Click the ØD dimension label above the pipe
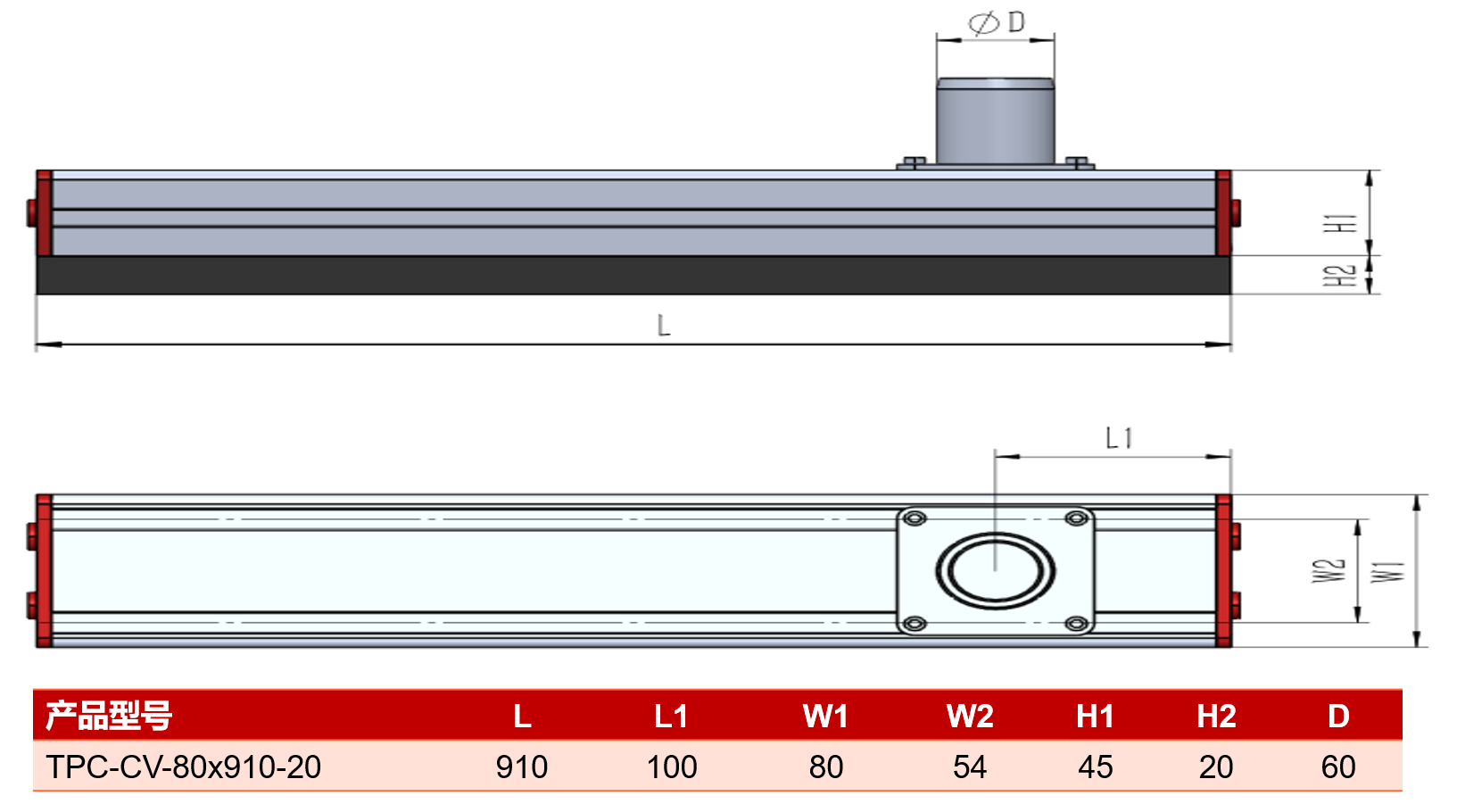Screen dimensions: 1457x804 (997, 23)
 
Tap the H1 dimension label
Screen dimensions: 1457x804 (1341, 223)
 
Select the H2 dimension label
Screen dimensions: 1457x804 (1341, 276)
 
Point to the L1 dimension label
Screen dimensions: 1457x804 (1119, 438)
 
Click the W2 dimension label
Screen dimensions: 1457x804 (1329, 571)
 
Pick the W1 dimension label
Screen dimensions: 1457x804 (1388, 572)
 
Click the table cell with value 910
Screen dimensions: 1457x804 (522, 767)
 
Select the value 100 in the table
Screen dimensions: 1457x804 (672, 767)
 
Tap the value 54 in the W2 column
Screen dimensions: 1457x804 (970, 767)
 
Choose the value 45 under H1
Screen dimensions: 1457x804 (1096, 767)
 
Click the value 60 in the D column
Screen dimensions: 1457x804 (1338, 767)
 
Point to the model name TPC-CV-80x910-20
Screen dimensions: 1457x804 (184, 767)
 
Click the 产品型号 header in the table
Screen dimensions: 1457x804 (109, 716)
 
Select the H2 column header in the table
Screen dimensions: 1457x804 (1216, 717)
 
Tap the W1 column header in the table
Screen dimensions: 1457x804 (825, 717)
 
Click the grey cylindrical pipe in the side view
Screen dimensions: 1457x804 (995, 121)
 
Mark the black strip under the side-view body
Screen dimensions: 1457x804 (633, 275)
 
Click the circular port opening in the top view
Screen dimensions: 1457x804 (995, 570)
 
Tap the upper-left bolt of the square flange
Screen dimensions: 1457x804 (915, 518)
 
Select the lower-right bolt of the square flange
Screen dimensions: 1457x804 (1077, 624)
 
